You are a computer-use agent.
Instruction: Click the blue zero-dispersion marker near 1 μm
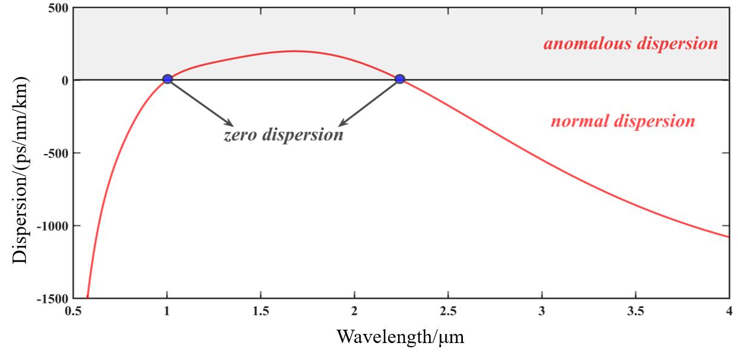(167, 79)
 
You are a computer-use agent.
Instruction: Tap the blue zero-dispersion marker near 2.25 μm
(400, 79)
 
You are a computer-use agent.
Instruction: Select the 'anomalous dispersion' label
(630, 44)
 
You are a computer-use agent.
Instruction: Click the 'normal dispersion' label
(623, 121)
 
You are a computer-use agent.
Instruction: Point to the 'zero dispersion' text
(284, 135)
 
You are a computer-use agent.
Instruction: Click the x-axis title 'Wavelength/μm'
(401, 336)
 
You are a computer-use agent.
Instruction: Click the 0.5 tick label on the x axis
(73, 312)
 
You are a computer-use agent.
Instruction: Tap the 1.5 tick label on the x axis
(261, 312)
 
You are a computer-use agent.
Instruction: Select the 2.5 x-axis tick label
(448, 312)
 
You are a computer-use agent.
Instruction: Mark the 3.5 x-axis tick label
(635, 312)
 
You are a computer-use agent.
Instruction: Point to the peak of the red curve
(294, 51)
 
